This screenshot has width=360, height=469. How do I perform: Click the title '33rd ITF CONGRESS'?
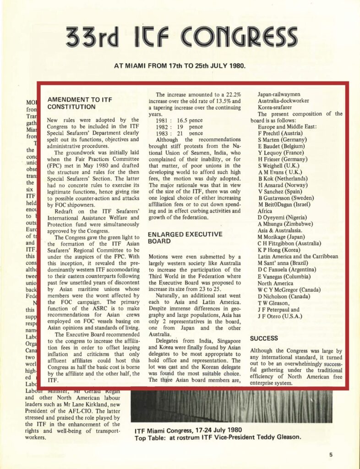point(181,37)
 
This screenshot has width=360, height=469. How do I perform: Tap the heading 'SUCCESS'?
point(264,338)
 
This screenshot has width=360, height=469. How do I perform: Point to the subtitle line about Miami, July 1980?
point(180,65)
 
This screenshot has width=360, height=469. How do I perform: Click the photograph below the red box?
point(231,405)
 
